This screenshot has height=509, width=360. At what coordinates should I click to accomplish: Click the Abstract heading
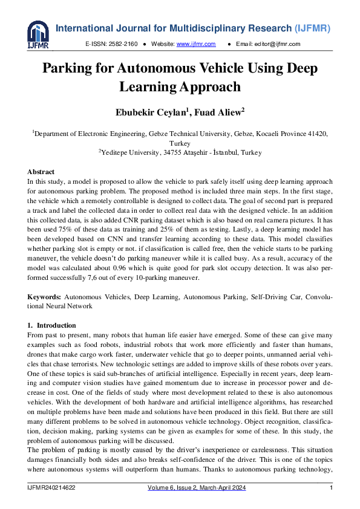41,172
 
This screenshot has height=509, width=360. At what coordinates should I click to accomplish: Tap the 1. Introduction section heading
52,326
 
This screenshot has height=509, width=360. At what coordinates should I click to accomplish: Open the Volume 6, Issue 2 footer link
197,487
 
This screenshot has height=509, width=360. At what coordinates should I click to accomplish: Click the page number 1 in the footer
331,487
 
